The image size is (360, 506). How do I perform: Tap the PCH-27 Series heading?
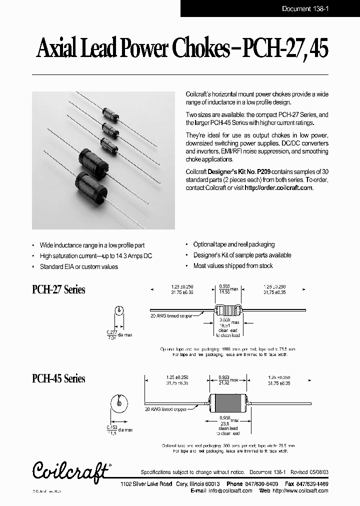58,290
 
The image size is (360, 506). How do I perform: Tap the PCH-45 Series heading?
58,378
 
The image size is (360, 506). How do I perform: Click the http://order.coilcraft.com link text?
278,188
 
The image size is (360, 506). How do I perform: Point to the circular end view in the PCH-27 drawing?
119,311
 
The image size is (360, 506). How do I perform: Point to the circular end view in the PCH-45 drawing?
119,402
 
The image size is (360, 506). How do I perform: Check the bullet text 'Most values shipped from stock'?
233,266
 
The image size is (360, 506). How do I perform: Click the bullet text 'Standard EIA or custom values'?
79,267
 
